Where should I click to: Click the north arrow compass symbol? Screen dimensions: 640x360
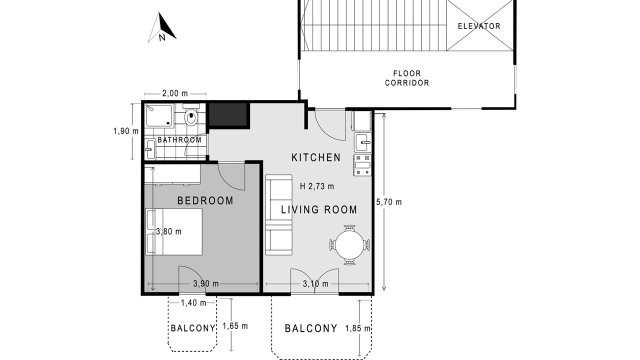[x=162, y=27]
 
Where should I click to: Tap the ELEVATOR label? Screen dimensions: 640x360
[x=479, y=26]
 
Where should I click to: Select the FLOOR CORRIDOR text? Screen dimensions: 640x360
[x=407, y=78]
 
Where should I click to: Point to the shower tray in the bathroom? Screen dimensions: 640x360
[x=159, y=115]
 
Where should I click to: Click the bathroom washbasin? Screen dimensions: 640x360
[x=150, y=149]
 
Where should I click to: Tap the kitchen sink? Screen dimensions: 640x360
[x=363, y=142]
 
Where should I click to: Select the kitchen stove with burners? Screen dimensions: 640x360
[x=362, y=165]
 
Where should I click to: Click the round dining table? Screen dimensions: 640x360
[x=349, y=245]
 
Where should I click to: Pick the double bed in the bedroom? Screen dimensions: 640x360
[x=174, y=231]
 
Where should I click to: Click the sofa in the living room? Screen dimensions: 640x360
[x=279, y=214]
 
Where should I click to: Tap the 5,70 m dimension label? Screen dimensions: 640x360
[x=389, y=202]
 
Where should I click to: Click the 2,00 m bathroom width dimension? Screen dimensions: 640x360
[x=175, y=93]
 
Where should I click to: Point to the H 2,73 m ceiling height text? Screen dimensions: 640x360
[x=317, y=186]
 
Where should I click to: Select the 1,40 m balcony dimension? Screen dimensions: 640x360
[x=193, y=303]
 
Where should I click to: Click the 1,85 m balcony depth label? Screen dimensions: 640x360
[x=357, y=328]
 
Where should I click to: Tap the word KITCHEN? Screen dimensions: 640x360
[x=316, y=157]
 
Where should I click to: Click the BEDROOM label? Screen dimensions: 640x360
[x=205, y=200]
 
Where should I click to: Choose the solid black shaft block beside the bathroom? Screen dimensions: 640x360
[x=228, y=114]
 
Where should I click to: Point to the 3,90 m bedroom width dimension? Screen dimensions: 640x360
[x=206, y=283]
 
